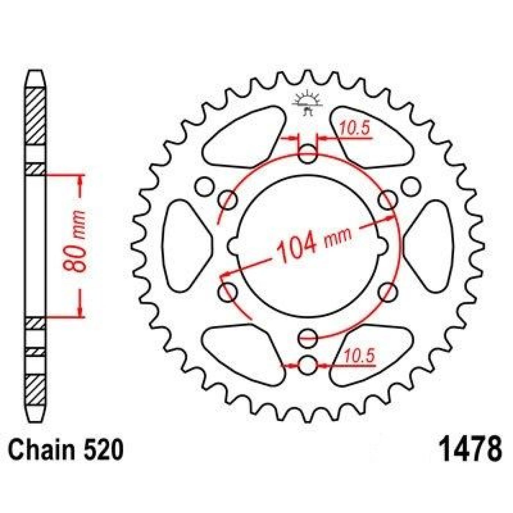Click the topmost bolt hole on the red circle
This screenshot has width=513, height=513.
coord(308,154)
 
